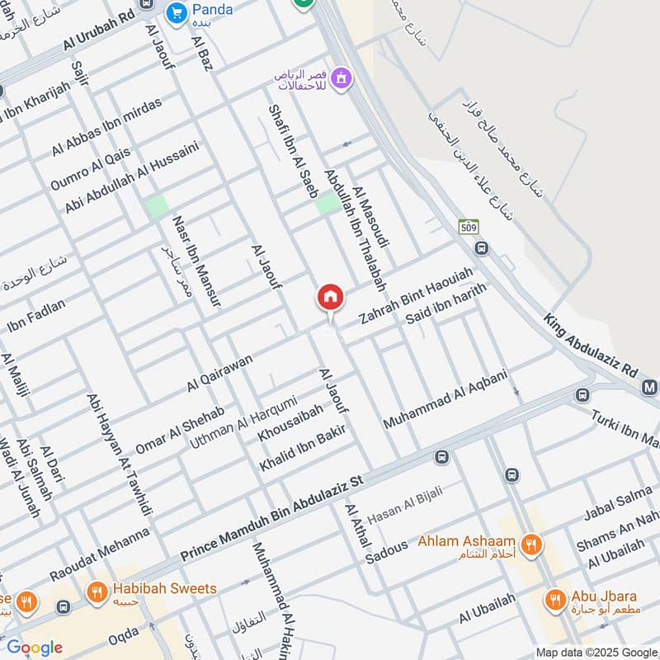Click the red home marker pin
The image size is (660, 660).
pyautogui.click(x=330, y=297)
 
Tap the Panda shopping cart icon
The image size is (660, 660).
pyautogui.click(x=176, y=12)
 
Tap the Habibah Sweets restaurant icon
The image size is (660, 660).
pyautogui.click(x=97, y=591)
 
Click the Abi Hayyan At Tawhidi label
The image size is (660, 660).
pyautogui.click(x=120, y=453)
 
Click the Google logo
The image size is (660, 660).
pyautogui.click(x=35, y=648)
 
